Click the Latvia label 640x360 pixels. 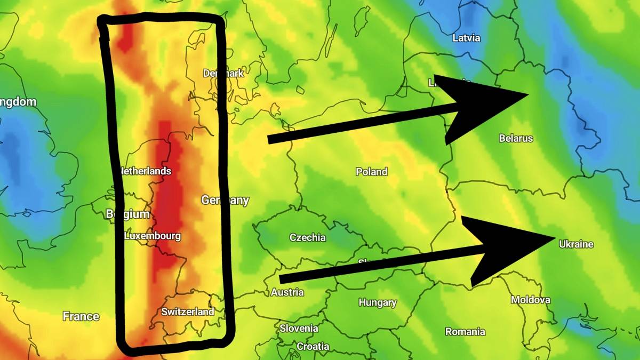466,38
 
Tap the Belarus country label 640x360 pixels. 516,138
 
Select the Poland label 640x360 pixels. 372,172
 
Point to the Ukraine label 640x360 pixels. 576,244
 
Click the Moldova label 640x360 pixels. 531,300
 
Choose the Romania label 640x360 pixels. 465,332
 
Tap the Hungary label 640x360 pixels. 378,302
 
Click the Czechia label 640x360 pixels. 307,237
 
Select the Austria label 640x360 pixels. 287,292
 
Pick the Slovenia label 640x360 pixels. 299,328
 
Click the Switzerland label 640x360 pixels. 188,311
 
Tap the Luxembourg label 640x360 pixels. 153,236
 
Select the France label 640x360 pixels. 81,316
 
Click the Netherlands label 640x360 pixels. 146,171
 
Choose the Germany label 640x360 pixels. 225,201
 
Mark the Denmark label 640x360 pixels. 223,73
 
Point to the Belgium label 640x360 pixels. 128,214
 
